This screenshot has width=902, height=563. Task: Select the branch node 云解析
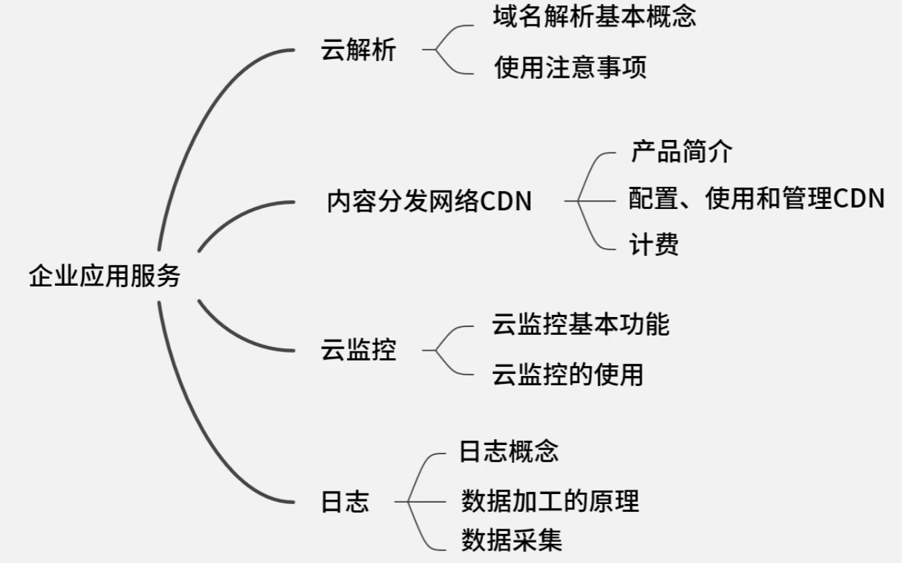358,50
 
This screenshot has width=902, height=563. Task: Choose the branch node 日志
345,502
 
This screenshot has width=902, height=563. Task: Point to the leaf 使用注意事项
570,68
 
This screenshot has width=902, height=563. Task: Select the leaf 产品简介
681,152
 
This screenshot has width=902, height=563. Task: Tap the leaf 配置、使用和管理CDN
756,198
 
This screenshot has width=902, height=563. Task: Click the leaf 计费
653,245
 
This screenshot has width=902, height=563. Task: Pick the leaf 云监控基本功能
581,324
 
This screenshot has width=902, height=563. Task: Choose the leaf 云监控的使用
567,375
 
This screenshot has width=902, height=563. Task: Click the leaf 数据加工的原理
550,501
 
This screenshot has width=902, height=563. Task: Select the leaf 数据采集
512,540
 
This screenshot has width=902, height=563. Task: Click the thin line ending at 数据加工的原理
431,502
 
